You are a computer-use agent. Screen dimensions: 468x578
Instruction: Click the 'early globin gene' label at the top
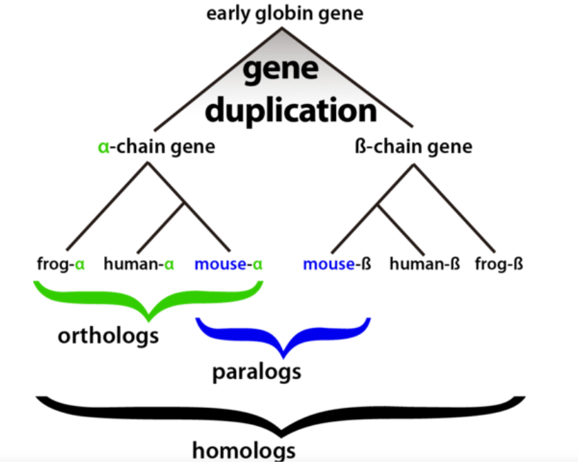[x=284, y=13]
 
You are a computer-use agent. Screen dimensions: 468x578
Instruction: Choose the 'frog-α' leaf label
[x=61, y=263]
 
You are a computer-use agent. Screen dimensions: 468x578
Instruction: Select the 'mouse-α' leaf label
[x=230, y=263]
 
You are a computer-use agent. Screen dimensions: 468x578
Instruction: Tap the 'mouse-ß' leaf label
[x=337, y=263]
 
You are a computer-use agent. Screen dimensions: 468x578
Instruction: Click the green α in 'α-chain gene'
[x=102, y=147]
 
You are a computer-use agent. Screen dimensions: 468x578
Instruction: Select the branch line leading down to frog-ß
[x=455, y=207]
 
